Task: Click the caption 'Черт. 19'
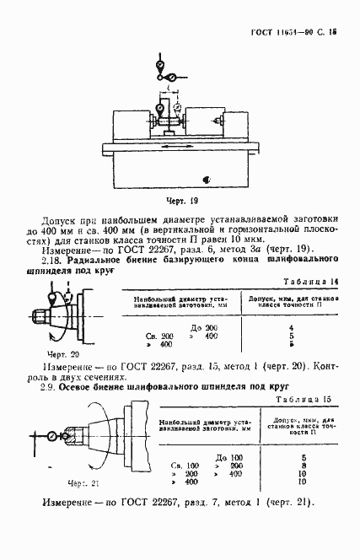coord(181,200)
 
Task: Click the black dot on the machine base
coord(207,178)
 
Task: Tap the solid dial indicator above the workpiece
coord(159,110)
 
